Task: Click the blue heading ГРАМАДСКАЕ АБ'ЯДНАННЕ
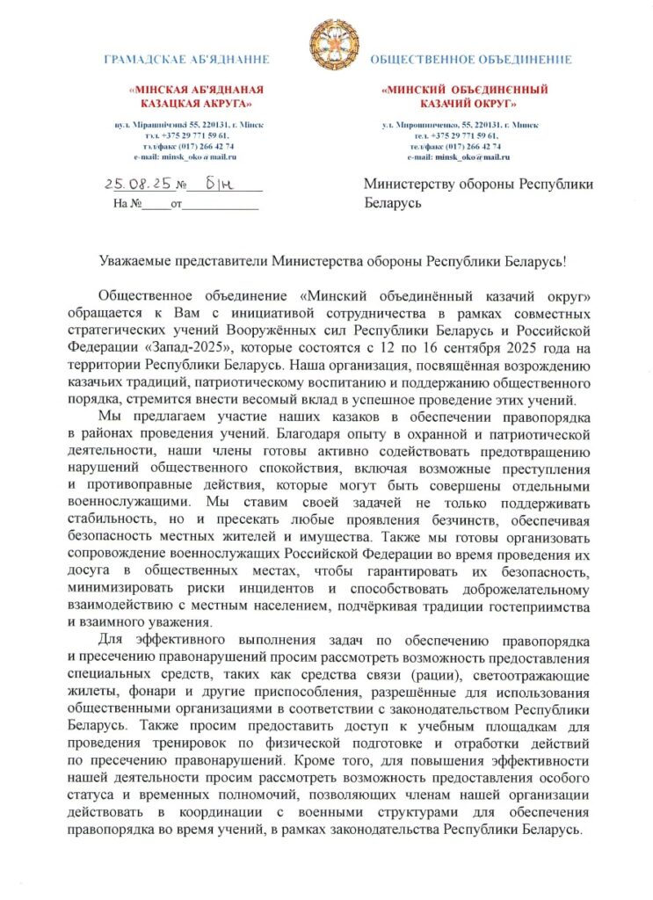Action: tap(186, 60)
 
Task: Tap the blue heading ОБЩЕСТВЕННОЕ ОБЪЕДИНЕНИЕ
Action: tap(471, 60)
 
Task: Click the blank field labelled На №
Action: tap(155, 205)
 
